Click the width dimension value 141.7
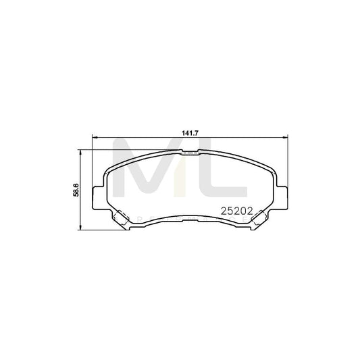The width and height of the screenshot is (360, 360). (180, 132)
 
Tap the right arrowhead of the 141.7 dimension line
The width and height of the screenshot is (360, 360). (287, 138)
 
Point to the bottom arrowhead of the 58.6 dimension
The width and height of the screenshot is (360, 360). (82, 230)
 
